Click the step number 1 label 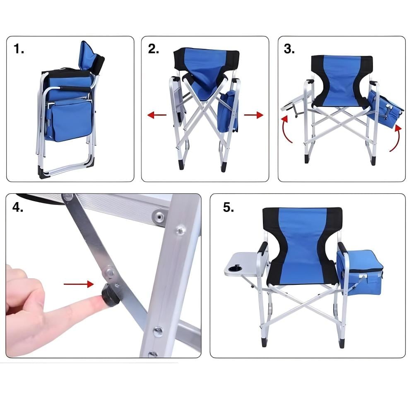click(x=19, y=49)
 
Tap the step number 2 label click(x=154, y=49)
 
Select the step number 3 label click(x=289, y=49)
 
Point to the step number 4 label click(x=18, y=207)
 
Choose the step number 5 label click(x=229, y=207)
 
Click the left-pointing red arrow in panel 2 click(x=157, y=115)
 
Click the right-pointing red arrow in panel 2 click(x=253, y=115)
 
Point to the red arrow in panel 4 click(x=79, y=284)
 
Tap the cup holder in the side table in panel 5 click(x=235, y=269)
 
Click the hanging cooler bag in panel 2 click(x=229, y=111)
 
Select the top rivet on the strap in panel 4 click(x=67, y=197)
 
